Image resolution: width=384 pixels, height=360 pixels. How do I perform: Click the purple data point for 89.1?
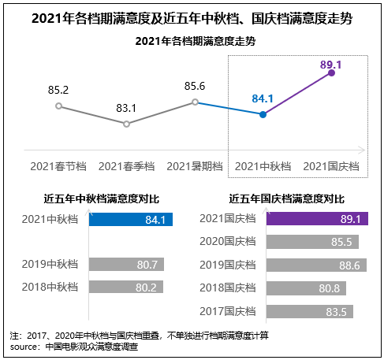tap(331, 73)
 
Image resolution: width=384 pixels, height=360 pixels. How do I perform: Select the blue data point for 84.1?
tap(263, 115)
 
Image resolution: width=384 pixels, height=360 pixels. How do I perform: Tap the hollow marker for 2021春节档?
tap(58, 106)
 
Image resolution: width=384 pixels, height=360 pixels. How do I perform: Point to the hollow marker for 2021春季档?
tap(126, 124)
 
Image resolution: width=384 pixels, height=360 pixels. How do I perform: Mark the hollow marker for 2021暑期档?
tap(194, 102)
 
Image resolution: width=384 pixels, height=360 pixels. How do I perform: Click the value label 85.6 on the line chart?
tap(194, 86)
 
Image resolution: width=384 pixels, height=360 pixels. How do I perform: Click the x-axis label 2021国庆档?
tap(331, 166)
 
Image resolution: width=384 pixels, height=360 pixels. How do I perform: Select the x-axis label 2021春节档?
tap(58, 166)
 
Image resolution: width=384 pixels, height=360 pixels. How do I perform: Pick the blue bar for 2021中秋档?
tap(131, 220)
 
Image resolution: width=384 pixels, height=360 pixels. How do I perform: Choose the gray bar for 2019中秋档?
tap(131, 265)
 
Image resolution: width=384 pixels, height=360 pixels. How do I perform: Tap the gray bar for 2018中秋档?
tap(131, 288)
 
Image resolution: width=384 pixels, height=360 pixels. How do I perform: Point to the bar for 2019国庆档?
tap(316, 265)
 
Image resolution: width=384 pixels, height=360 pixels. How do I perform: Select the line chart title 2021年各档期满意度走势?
tap(192, 41)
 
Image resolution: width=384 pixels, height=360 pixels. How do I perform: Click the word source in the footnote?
tap(24, 346)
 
